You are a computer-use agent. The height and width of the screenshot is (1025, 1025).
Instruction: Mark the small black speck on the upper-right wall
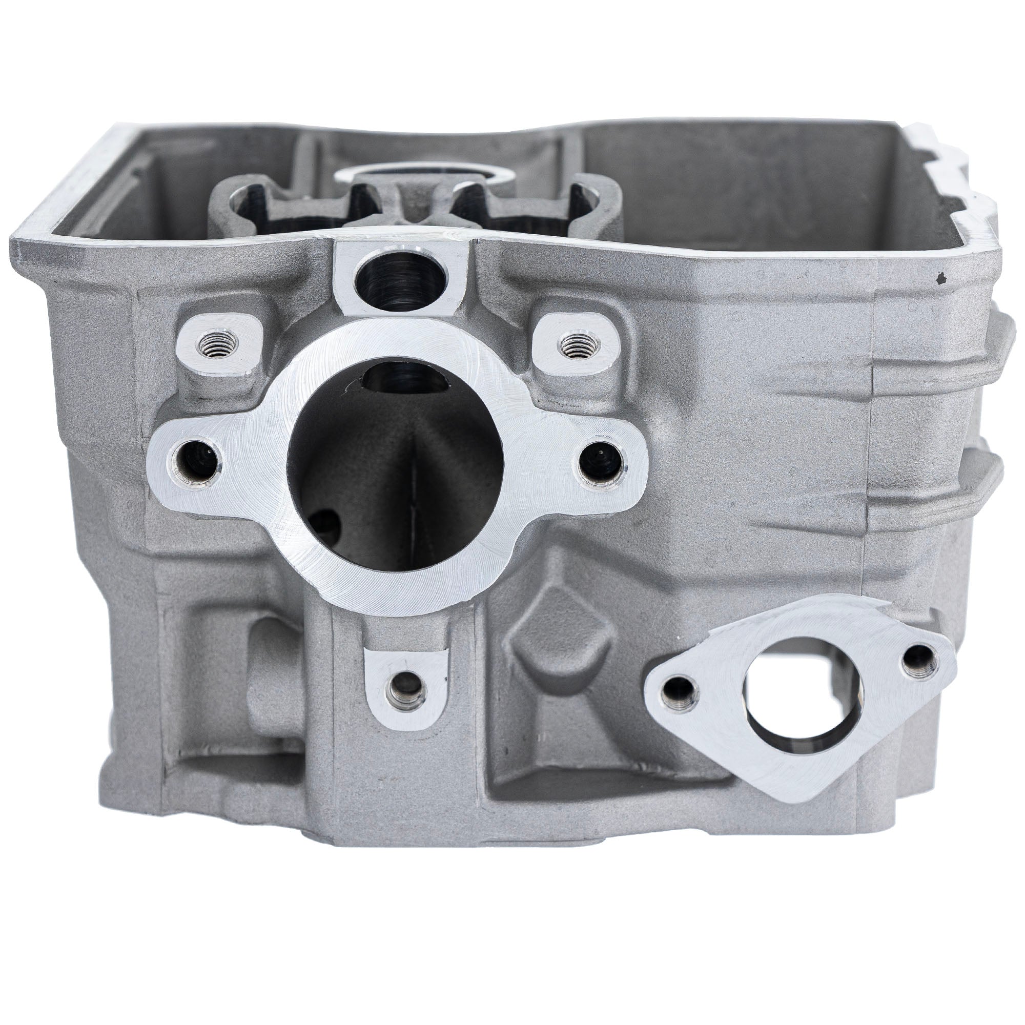click(x=941, y=277)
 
